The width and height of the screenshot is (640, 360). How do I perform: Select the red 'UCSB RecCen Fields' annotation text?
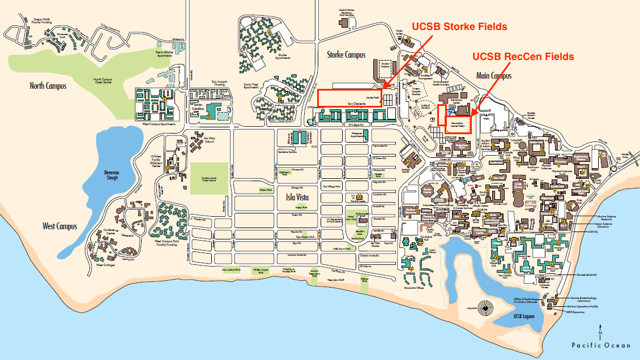pos(523,57)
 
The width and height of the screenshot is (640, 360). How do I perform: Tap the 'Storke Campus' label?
pos(346,55)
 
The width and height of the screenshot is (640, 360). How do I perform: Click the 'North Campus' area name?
pos(48,86)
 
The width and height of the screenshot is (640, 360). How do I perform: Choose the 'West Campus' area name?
pos(60,226)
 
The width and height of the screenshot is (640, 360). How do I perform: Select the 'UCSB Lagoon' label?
pos(524,316)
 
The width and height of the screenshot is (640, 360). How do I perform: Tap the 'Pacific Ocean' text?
pos(600,345)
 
